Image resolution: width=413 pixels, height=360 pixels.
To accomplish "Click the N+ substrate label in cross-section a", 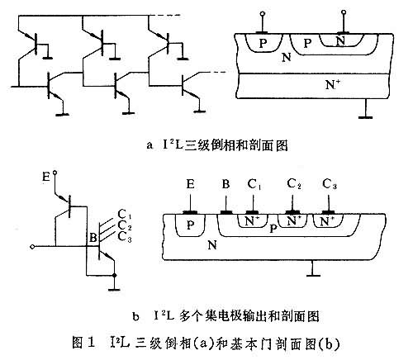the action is coord(333,84).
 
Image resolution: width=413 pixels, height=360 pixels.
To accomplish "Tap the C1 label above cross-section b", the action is coord(254,184).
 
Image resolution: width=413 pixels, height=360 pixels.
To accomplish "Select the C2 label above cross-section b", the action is coord(294,184).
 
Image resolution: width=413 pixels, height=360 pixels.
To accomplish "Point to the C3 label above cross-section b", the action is coord(330,184).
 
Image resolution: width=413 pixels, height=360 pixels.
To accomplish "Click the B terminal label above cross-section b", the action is coord(225,184).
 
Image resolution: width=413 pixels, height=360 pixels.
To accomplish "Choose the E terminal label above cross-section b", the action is coord(190,184).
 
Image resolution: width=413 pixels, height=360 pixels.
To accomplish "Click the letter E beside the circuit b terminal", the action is coord(46,177).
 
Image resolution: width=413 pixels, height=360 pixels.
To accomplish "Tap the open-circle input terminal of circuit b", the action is coord(32,247).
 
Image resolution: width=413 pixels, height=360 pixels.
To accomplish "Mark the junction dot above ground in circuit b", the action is coord(115,275).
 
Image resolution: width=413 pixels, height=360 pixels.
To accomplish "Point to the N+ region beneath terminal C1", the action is coord(253,220).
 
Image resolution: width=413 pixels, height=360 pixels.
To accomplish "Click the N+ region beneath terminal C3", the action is coord(328,220).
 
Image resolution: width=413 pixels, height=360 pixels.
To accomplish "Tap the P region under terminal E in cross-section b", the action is coord(190,225).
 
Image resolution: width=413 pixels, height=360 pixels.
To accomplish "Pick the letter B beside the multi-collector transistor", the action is coord(93,237).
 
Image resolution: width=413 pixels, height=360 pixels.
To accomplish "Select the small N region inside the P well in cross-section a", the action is coord(341,40).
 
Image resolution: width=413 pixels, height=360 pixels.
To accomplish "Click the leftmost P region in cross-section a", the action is coord(263,43).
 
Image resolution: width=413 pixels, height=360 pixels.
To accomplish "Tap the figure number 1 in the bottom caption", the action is coord(91,343).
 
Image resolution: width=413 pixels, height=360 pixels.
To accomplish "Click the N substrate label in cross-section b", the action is coord(211,245).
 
